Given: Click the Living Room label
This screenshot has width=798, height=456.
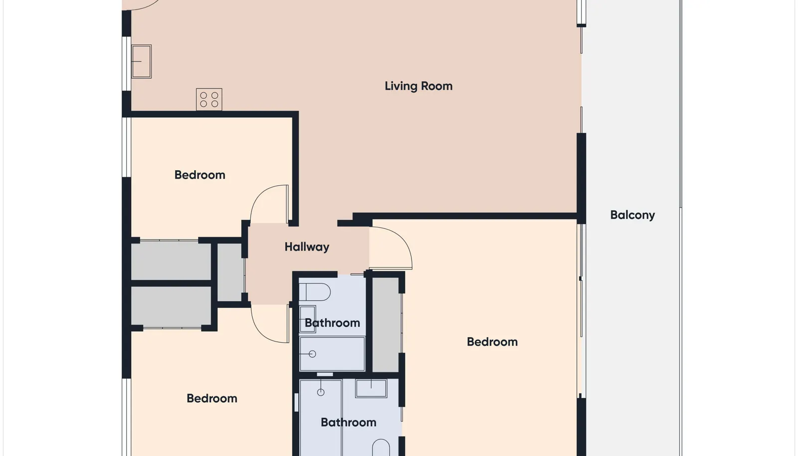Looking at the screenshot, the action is click(x=418, y=86).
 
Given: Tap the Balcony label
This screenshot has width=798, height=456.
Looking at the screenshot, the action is click(x=632, y=215).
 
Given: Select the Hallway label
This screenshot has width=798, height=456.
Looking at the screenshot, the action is click(x=307, y=247).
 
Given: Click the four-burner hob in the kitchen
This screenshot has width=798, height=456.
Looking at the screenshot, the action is click(x=209, y=99).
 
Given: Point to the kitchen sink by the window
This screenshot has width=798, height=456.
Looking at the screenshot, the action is click(x=142, y=61).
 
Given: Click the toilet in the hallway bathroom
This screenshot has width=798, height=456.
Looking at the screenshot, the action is click(x=315, y=292).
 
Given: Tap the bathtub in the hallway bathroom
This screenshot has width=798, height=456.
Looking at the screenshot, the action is click(x=332, y=354).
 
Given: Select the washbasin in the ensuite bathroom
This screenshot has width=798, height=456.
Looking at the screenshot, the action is click(x=371, y=388).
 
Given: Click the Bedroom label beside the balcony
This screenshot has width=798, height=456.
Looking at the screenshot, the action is click(x=492, y=342).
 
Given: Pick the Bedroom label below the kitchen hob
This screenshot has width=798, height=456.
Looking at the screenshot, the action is click(x=200, y=175).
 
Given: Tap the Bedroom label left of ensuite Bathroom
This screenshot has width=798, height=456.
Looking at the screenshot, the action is click(x=212, y=398).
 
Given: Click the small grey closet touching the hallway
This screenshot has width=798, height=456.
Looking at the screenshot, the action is click(x=230, y=272).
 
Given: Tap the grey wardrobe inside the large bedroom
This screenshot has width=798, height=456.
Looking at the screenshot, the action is click(x=386, y=325).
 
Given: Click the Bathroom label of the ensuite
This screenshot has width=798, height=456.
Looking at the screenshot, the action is click(x=349, y=423).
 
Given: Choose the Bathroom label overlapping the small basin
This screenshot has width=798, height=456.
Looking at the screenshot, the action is click(x=332, y=323).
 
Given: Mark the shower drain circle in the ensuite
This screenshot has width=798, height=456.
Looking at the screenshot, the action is click(x=321, y=392).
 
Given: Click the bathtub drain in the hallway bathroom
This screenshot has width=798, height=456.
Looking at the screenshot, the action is click(x=312, y=354).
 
